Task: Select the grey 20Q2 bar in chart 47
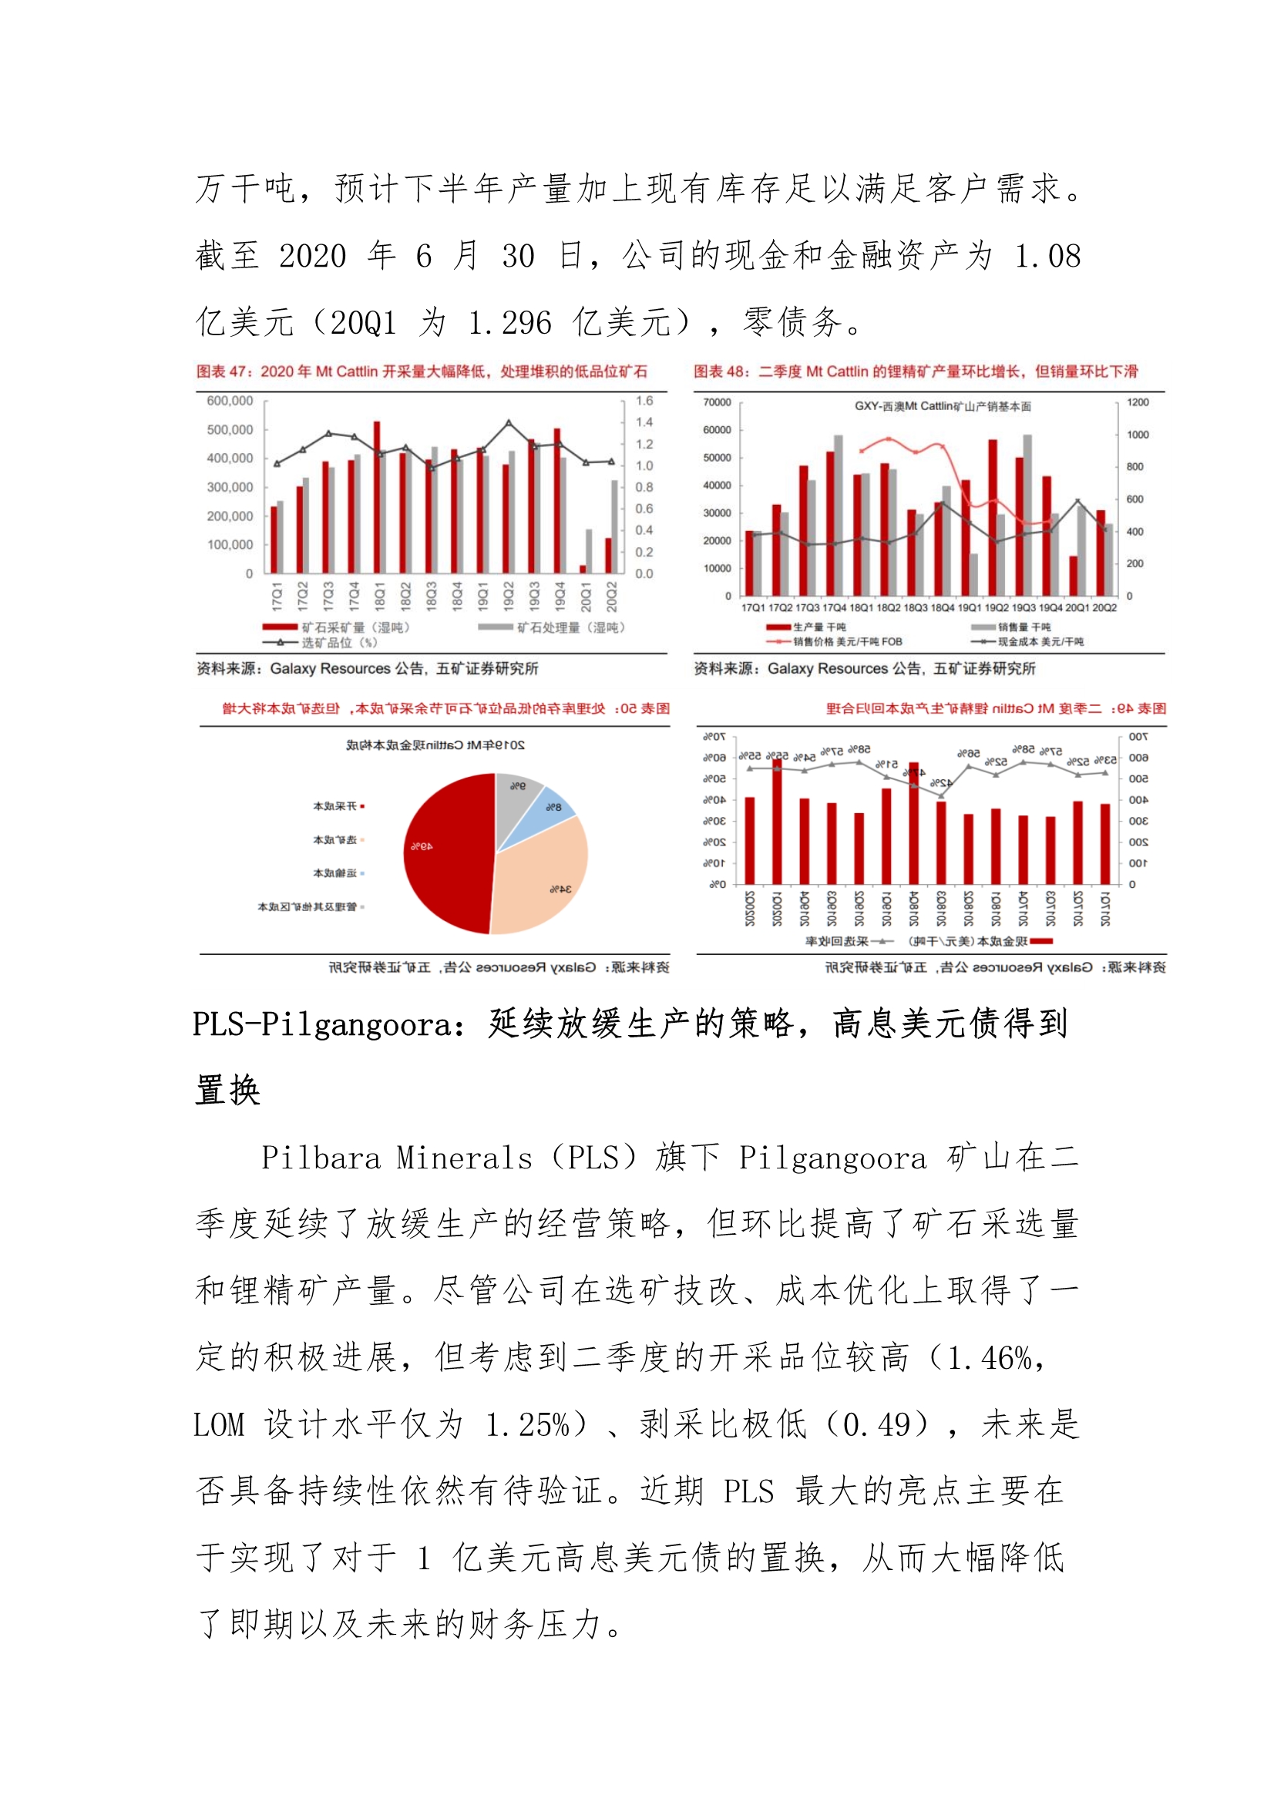coord(615,526)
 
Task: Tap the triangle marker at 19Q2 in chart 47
coord(509,423)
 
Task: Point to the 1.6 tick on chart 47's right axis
coord(644,401)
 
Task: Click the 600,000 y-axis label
coord(230,401)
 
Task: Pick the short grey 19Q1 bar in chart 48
coord(974,574)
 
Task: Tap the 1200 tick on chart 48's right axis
coord(1138,402)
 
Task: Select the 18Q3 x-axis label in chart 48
coord(916,607)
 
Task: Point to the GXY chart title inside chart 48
coord(943,406)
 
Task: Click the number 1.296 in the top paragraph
coord(509,324)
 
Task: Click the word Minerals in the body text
coord(464,1158)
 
